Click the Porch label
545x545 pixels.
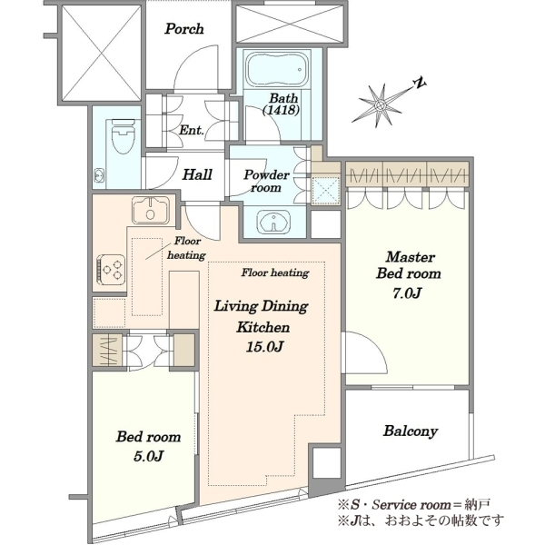184,28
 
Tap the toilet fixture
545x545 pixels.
123,137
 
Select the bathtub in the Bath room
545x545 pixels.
278,68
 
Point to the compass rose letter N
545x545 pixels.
420,83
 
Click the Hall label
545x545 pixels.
197,174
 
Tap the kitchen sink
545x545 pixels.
151,210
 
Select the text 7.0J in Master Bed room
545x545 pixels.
407,293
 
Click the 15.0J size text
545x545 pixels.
264,347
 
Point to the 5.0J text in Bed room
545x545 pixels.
148,456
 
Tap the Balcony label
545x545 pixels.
411,431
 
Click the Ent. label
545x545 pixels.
191,130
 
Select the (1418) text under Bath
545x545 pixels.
281,110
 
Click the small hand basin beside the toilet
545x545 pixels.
99,175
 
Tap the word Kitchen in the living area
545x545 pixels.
263,327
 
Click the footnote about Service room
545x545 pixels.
414,504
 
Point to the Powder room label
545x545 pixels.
266,181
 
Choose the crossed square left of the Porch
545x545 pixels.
102,54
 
